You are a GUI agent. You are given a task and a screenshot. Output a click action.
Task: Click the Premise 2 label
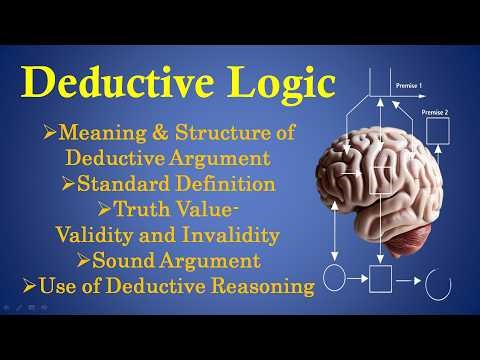coord(436,113)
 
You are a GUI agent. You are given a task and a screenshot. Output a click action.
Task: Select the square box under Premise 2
coord(436,130)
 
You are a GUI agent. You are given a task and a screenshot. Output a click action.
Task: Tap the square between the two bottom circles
coord(381,277)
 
